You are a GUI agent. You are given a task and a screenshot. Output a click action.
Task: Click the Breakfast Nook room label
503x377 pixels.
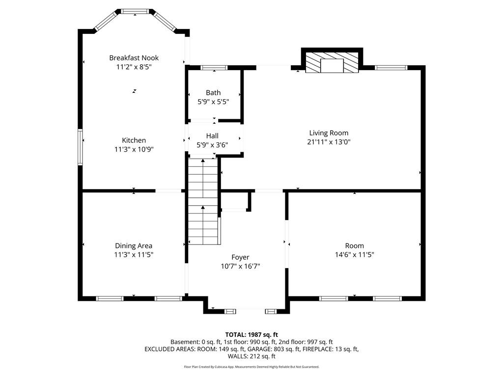point(134,58)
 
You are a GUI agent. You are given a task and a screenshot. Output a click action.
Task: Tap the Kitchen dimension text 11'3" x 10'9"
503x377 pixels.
point(134,149)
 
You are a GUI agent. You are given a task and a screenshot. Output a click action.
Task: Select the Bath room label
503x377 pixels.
point(213,93)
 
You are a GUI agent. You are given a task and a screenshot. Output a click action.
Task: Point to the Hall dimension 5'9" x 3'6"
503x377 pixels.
point(212,145)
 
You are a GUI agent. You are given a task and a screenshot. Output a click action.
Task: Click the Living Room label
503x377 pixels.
point(329,133)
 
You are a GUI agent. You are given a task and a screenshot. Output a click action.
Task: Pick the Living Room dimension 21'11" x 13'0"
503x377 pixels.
point(329,142)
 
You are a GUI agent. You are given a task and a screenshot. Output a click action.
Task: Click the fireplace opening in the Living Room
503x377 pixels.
point(332,66)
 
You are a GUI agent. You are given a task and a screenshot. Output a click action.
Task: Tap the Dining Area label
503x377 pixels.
point(134,246)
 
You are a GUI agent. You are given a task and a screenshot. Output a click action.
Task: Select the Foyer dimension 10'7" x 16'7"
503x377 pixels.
point(240,266)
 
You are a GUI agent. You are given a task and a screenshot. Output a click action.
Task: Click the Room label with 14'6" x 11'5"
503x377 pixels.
point(354,246)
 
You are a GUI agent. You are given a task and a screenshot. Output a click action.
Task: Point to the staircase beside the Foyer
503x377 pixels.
point(203,201)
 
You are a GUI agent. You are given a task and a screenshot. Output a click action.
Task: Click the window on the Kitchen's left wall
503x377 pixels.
point(80,147)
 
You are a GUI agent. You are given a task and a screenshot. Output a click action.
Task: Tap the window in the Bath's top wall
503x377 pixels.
point(214,68)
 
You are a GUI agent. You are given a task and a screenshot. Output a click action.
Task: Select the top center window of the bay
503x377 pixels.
point(135,11)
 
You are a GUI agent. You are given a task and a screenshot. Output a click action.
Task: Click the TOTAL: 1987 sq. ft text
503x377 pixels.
point(251,335)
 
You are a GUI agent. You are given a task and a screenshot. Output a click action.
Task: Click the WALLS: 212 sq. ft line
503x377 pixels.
point(251,356)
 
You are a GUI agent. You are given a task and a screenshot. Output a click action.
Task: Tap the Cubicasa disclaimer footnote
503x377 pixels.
point(251,367)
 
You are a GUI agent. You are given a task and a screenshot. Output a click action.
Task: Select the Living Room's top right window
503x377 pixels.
point(391,68)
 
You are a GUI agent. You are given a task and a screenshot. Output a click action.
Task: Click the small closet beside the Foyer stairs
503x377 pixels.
point(234,201)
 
